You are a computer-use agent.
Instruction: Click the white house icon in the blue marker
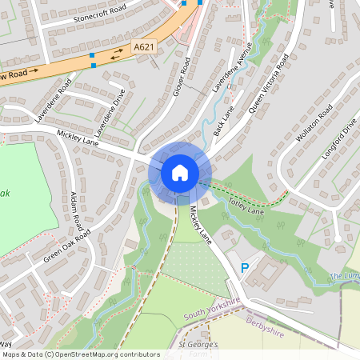coord(180,173)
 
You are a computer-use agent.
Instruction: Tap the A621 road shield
coord(143,47)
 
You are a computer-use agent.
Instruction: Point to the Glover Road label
coord(182,77)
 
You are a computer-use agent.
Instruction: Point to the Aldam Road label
coord(78,212)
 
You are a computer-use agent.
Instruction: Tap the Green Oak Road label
coord(67,246)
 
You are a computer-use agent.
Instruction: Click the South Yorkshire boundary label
coord(212,308)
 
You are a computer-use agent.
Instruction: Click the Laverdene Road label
coord(54,101)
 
